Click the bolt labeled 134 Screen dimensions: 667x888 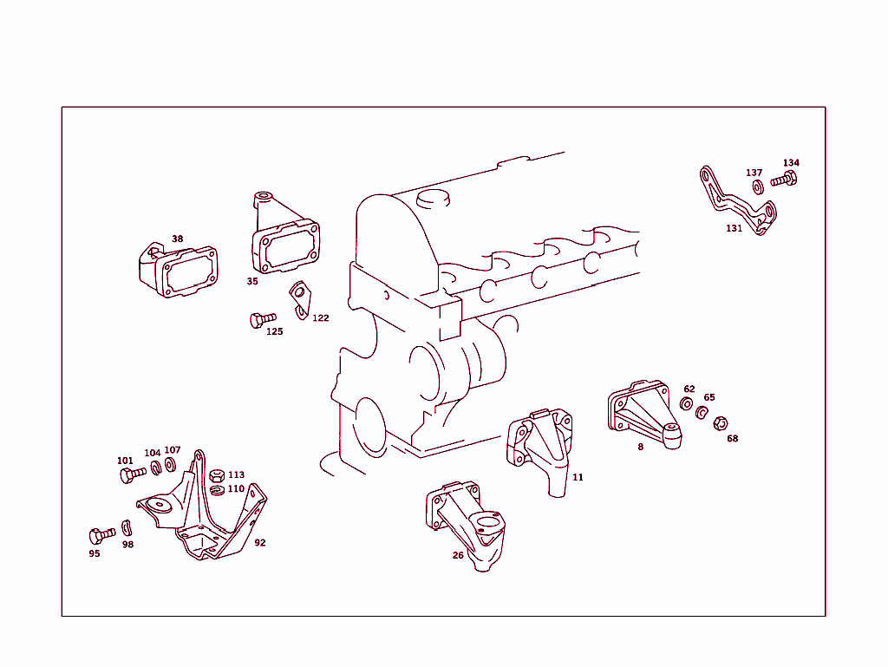[784, 180]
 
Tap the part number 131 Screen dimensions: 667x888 [735, 229]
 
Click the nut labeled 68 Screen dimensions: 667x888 [719, 424]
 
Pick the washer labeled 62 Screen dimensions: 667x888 [686, 404]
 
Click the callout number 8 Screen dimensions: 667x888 [641, 448]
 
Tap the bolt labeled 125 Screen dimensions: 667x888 [258, 320]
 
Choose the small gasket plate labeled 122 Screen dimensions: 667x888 [299, 298]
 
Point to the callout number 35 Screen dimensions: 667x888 [252, 281]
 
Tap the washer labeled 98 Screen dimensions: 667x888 [127, 526]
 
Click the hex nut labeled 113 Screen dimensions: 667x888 [218, 474]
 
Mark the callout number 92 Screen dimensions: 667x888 [260, 543]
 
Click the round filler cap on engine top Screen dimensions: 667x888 [434, 199]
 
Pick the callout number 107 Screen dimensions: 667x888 [173, 450]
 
